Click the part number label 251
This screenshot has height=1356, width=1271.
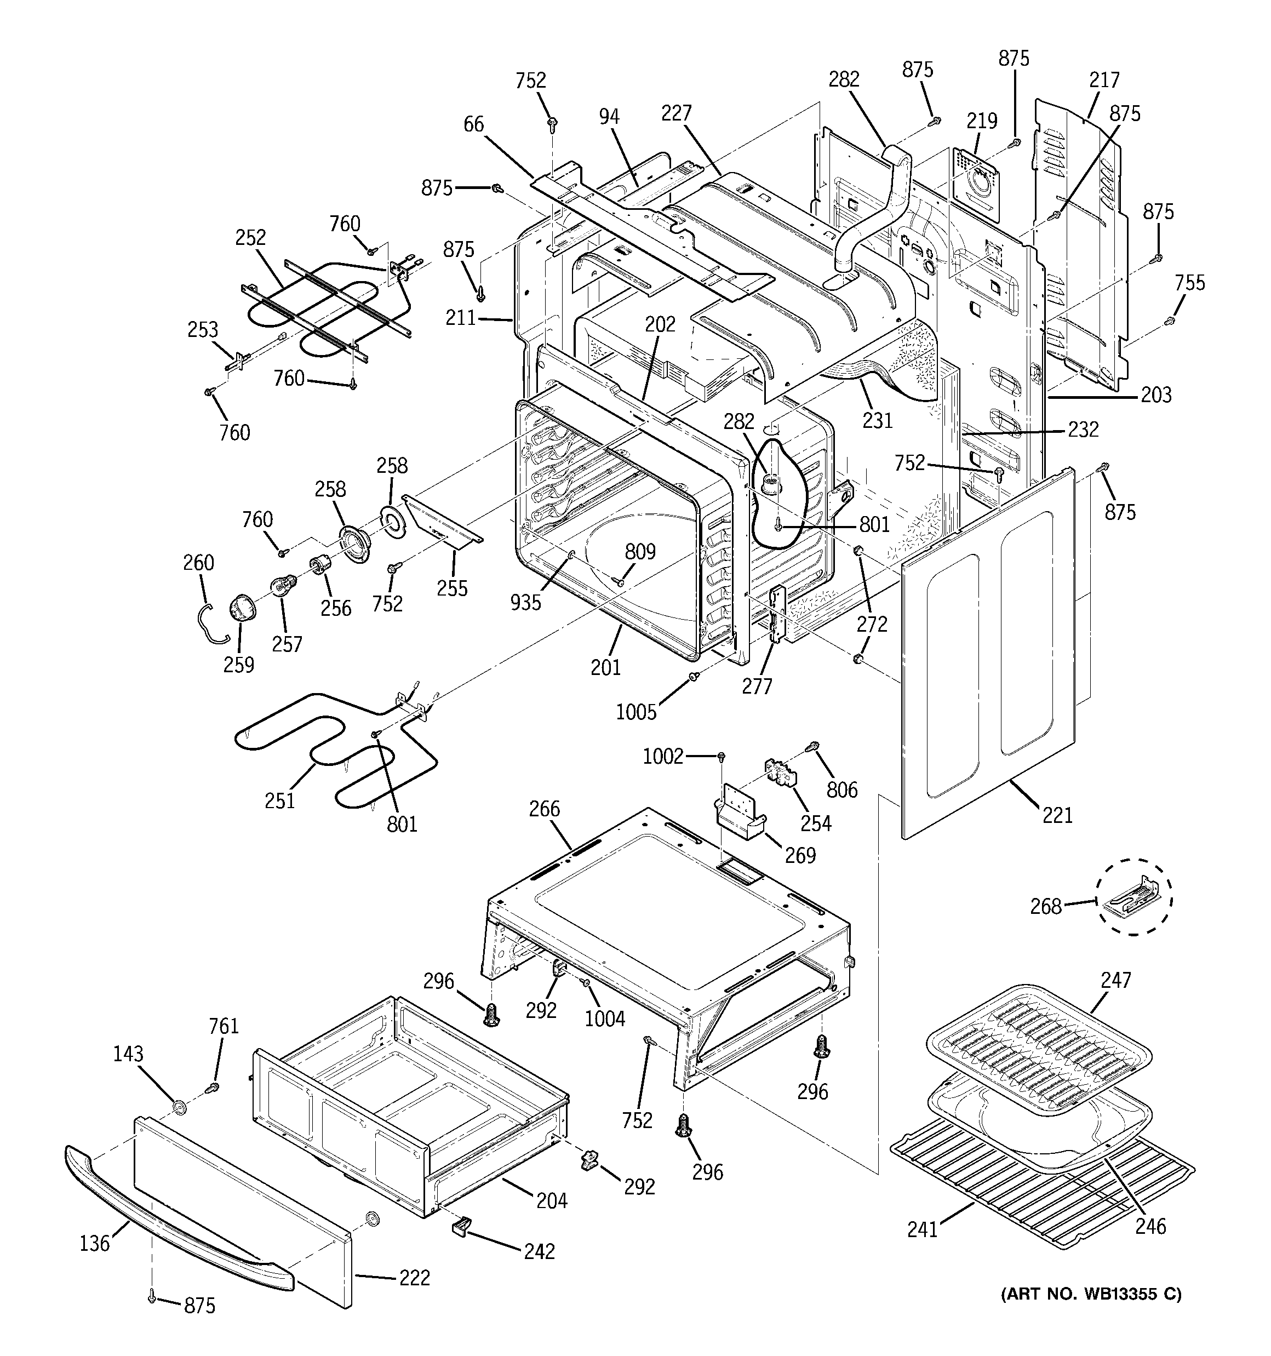coord(280,800)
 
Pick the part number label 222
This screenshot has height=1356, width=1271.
coord(414,1277)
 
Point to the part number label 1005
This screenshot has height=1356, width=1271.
coord(636,712)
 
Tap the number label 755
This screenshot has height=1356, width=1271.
coord(1190,282)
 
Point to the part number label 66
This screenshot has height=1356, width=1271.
coord(473,124)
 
